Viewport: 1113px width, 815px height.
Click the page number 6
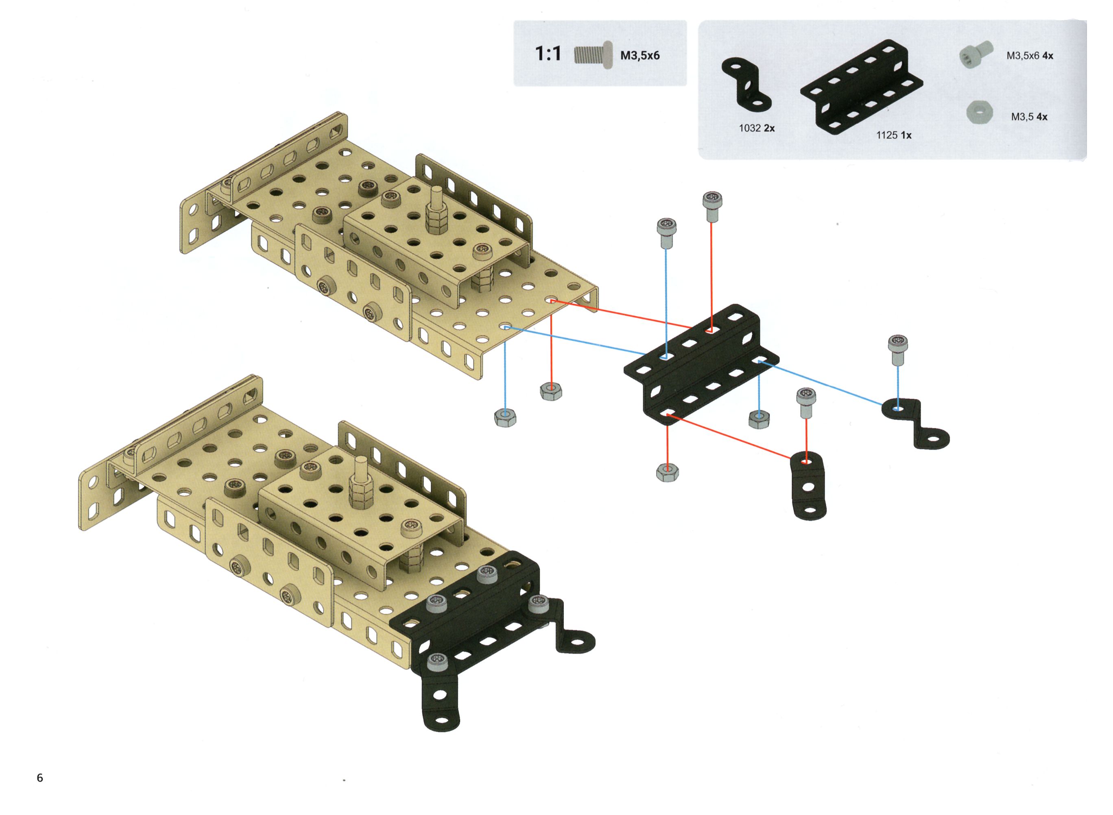point(40,778)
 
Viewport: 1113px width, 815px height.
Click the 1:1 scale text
point(548,53)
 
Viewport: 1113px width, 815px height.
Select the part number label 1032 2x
point(757,128)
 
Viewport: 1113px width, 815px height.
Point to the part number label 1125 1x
point(894,135)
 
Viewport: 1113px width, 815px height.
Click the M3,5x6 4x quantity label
point(1030,56)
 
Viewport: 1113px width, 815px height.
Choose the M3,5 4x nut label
point(1029,117)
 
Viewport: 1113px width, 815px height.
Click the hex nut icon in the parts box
point(980,113)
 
